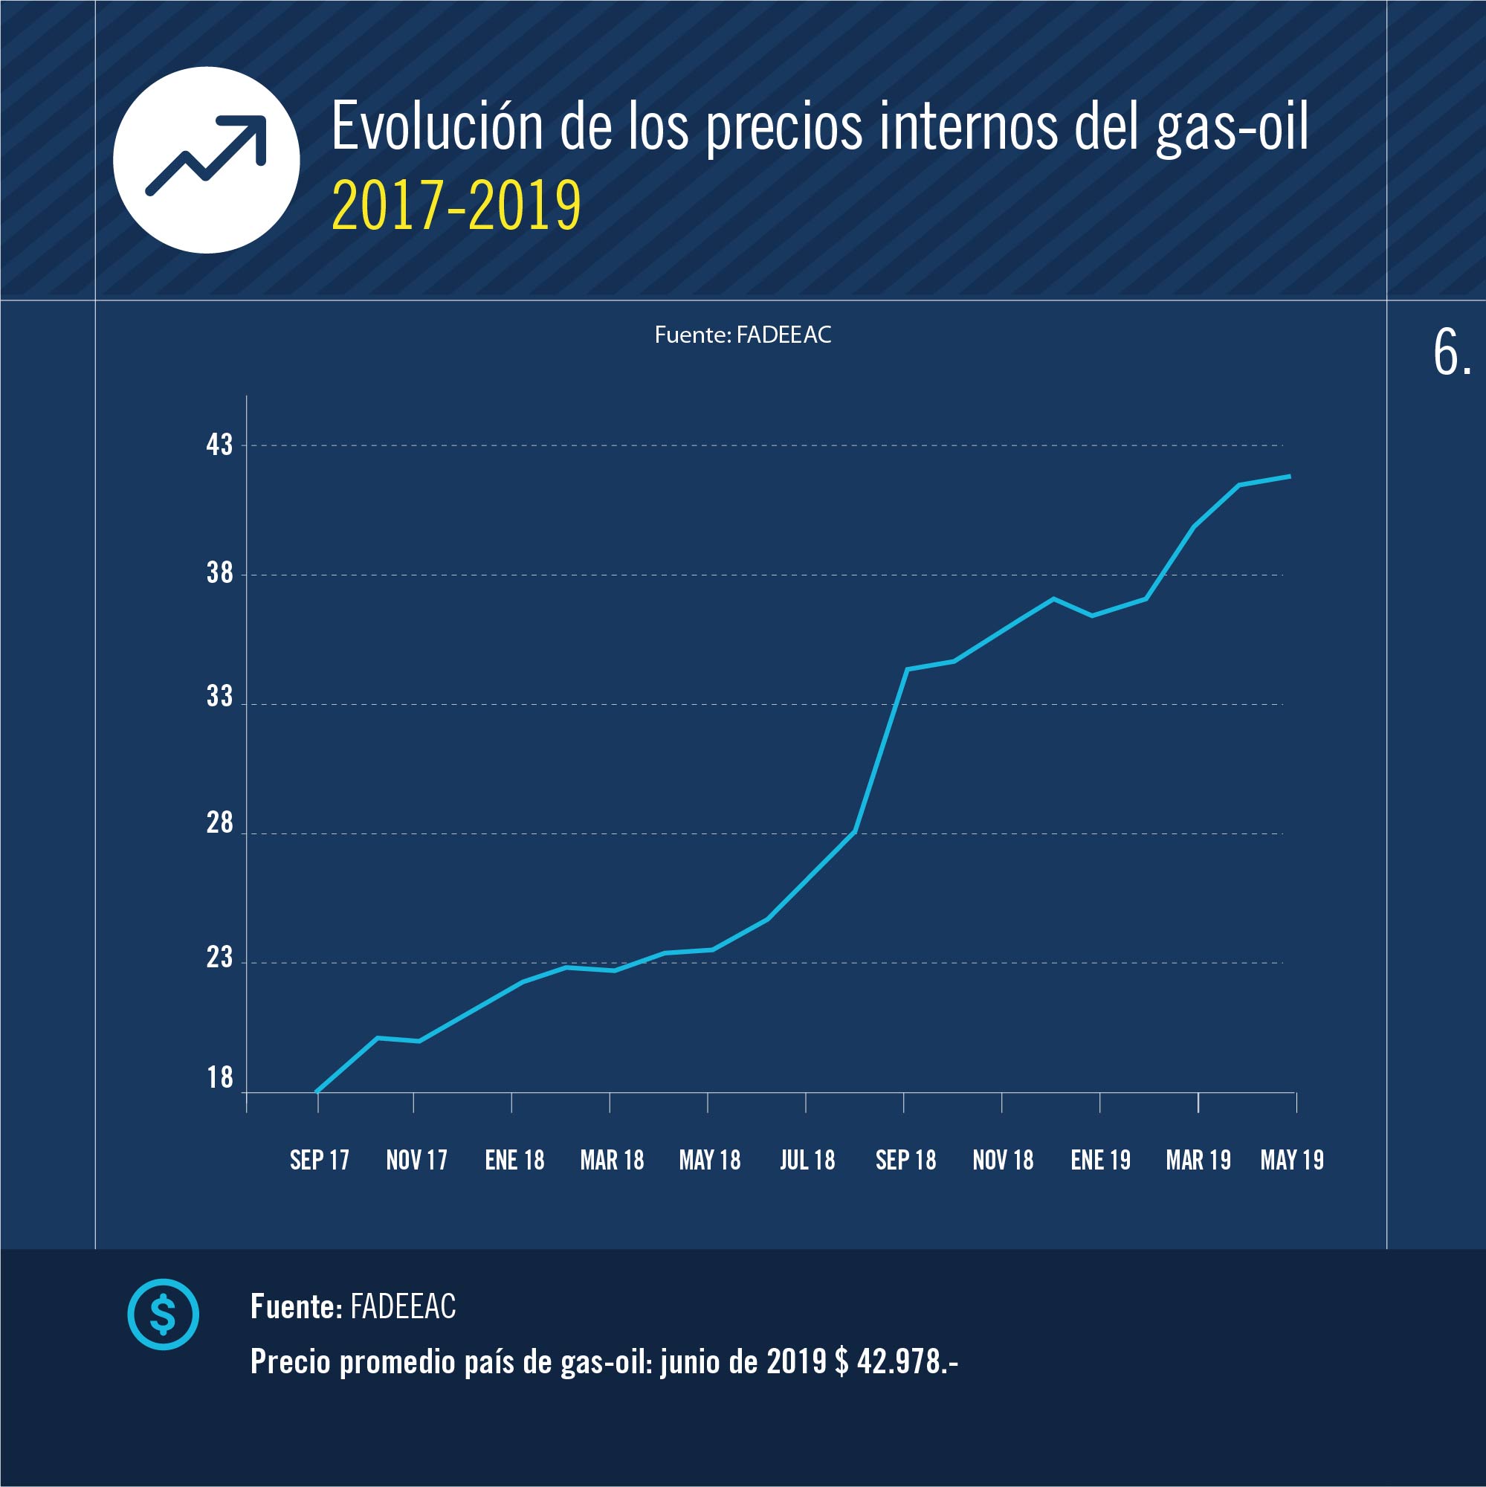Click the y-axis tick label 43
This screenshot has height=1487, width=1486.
[219, 445]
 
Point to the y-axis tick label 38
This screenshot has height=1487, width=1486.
[219, 572]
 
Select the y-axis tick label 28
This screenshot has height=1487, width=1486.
[219, 824]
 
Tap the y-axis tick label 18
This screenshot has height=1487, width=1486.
[219, 1077]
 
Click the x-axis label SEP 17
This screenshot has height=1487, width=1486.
[320, 1160]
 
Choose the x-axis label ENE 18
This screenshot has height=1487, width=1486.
[514, 1160]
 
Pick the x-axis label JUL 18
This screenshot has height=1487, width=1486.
[807, 1160]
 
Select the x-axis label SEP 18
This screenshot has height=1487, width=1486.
[905, 1160]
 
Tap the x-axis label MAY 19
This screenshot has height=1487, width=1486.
[1292, 1160]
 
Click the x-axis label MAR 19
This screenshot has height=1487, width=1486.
[1198, 1160]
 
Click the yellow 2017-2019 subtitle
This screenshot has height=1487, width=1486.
[456, 205]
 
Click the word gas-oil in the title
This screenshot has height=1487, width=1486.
[1231, 127]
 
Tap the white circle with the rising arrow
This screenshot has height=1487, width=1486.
[206, 160]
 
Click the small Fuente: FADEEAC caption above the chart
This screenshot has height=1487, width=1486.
[743, 335]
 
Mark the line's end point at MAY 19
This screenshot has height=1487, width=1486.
[1290, 477]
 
